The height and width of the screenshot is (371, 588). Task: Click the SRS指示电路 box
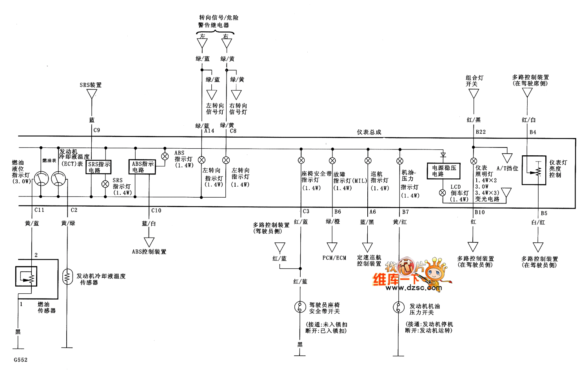(99, 167)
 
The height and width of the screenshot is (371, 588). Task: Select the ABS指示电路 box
(142, 167)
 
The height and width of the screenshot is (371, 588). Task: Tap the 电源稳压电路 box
(443, 171)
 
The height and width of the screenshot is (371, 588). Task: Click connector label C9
(97, 130)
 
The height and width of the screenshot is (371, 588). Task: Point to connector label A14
(209, 131)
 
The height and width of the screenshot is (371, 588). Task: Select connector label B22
(481, 132)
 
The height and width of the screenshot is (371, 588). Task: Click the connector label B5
(544, 213)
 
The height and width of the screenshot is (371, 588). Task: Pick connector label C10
(156, 211)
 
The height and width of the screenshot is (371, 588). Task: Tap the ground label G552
(21, 360)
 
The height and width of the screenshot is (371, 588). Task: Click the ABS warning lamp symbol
(165, 156)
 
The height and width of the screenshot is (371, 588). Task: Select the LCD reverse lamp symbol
(443, 193)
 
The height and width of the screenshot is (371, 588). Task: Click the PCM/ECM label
(334, 258)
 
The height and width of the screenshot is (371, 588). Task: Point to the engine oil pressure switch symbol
(399, 307)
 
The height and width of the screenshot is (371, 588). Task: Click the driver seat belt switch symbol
(300, 307)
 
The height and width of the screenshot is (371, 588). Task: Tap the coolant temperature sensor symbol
(67, 276)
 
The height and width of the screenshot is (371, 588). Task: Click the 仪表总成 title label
(369, 132)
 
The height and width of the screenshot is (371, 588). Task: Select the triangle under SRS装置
(92, 94)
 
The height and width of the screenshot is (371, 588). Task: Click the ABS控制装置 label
(149, 252)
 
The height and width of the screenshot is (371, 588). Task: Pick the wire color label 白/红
(538, 222)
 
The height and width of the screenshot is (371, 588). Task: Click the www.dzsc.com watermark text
(414, 288)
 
